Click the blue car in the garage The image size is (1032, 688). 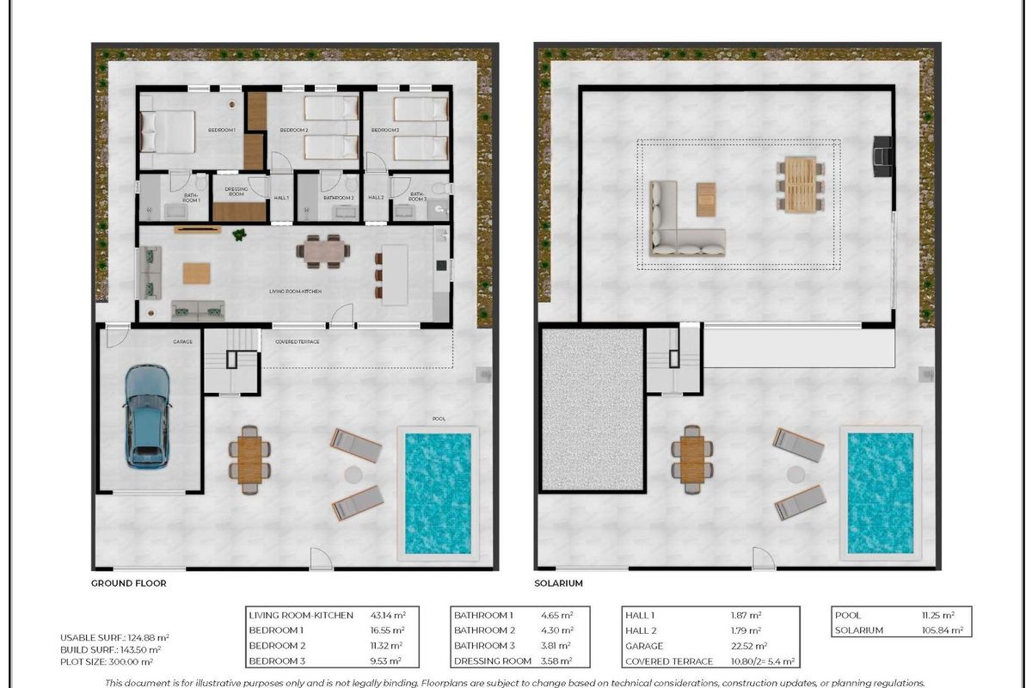pos(147,415)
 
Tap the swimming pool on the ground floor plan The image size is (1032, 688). pos(438,493)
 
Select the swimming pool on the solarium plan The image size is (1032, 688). pos(881,493)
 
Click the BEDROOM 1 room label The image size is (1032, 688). pos(221,130)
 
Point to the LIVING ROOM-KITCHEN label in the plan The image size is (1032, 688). pos(295,292)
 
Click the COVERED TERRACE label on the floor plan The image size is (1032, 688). pos(298,341)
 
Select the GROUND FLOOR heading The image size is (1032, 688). pos(128,583)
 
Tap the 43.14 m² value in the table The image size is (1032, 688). pos(388,615)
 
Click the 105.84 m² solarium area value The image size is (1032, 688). pos(938,630)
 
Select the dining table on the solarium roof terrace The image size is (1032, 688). pos(800,184)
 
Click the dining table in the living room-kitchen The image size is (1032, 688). pos(323,250)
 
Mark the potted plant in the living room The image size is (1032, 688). pos(240,234)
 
